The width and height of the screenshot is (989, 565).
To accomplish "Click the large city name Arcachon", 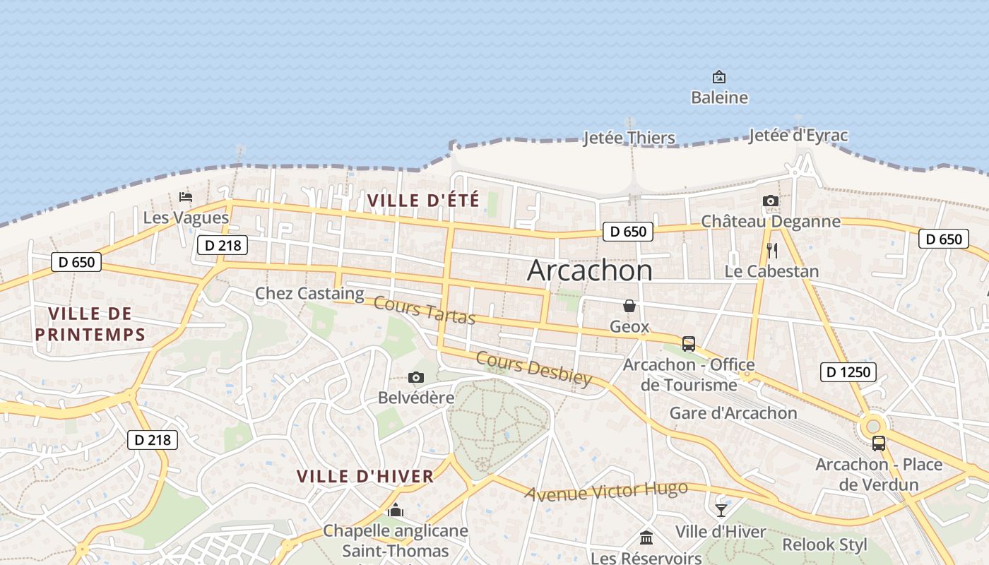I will point(590,270).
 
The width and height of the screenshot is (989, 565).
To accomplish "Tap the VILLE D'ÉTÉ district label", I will point(423,201).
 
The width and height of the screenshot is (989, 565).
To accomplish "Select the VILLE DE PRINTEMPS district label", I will point(90,323).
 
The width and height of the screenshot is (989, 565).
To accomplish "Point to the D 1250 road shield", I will point(848,371).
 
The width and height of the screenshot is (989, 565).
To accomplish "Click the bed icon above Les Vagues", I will point(186,196).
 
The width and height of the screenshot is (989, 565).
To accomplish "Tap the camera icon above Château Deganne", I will point(771,201).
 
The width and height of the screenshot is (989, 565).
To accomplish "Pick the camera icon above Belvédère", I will point(416,377).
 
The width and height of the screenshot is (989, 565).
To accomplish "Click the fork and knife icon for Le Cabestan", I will point(771,251).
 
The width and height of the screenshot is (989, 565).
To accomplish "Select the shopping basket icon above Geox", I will point(629,306).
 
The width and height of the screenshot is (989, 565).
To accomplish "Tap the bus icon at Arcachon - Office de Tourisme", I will point(689,344).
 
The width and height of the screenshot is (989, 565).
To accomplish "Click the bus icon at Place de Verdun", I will point(879,444).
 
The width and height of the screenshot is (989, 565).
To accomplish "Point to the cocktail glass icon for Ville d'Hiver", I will point(721,511).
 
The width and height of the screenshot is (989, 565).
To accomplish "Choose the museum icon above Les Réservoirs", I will point(646,538).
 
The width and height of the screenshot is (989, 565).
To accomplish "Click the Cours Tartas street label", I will point(425,311).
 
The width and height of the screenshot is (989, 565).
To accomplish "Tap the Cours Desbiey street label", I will point(534,369).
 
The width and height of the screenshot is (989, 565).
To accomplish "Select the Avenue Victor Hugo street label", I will point(606,491).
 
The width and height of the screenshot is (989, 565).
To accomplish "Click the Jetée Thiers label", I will point(629,138).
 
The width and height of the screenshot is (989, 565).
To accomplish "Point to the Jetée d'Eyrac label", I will point(798,135).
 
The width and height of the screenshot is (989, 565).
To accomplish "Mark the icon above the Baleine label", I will point(719,76).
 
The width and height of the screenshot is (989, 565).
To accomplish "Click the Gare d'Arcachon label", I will point(733,413).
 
